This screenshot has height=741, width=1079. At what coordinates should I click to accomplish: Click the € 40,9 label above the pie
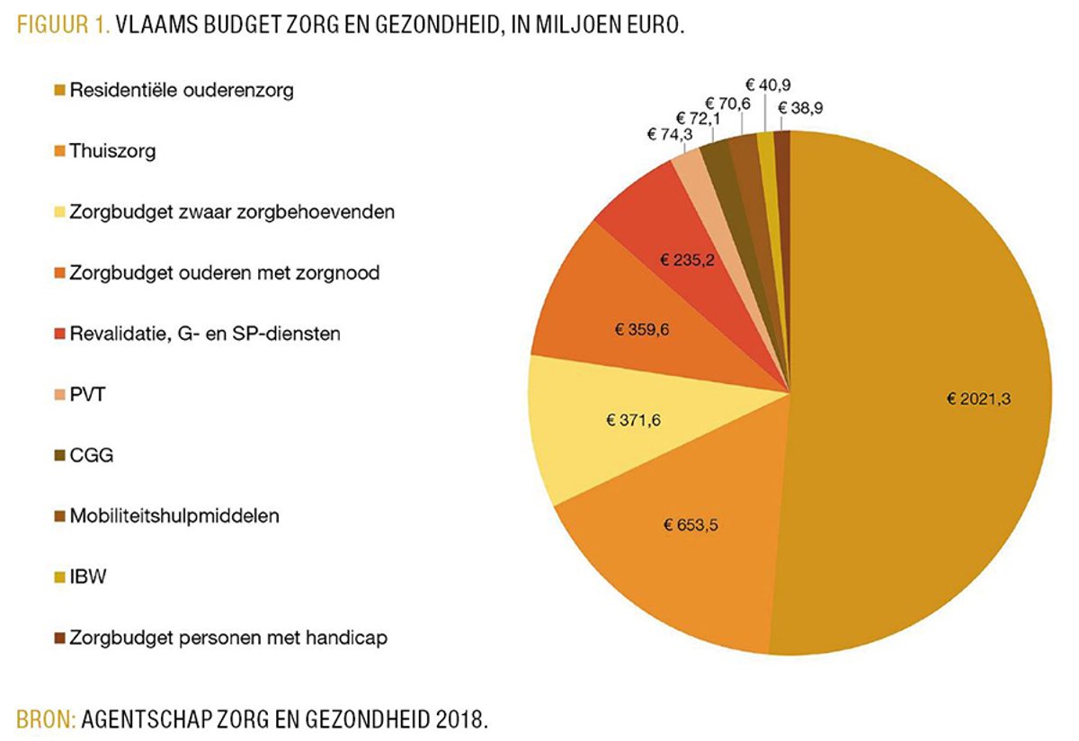click(770, 84)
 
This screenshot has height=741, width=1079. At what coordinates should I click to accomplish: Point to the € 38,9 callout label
click(801, 108)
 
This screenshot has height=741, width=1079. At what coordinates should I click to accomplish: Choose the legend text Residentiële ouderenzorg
click(181, 90)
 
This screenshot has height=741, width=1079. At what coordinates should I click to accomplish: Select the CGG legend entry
click(86, 455)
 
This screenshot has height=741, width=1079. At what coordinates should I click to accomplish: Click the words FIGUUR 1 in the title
click(62, 26)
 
